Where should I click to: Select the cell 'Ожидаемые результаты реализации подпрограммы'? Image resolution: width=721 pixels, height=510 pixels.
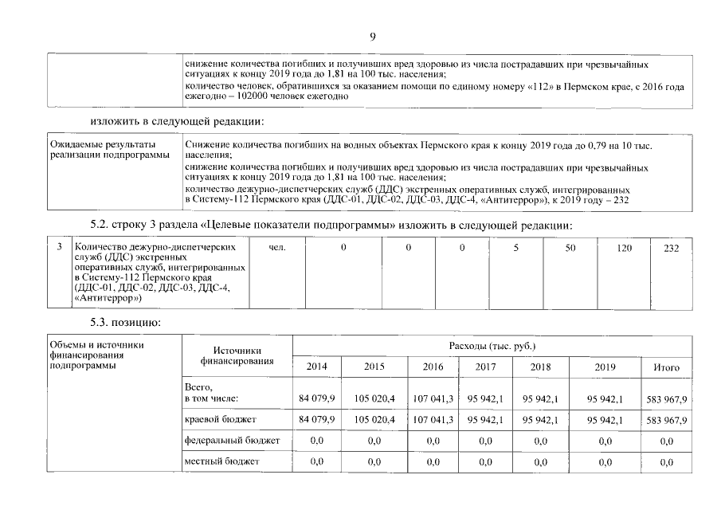point(111,149)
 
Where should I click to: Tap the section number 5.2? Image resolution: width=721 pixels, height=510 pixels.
point(103,225)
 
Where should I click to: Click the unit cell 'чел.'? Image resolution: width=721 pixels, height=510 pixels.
point(277,249)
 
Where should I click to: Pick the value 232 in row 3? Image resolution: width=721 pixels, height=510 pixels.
point(671,249)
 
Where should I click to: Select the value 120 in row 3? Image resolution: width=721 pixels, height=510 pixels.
point(624,249)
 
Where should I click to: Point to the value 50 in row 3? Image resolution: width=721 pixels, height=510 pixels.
point(570,249)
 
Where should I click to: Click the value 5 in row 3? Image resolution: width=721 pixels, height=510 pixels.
point(515,249)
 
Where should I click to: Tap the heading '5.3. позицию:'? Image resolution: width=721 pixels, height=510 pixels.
point(126,322)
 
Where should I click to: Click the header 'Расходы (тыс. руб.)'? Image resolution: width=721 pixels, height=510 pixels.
point(491,347)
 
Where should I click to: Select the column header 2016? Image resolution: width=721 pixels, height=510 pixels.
point(433,367)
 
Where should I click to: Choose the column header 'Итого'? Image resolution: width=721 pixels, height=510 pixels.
point(666,367)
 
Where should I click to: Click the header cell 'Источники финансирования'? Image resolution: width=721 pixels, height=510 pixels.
point(237,355)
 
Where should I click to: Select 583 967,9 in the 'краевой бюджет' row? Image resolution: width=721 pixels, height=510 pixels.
point(667,418)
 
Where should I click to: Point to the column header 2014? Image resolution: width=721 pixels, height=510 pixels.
point(317,367)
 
